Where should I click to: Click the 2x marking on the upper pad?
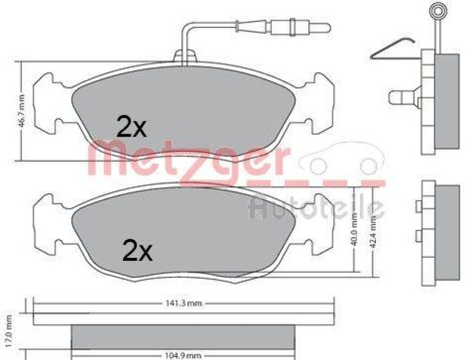pos(131,127)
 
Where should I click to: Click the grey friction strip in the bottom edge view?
pos(183,338)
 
